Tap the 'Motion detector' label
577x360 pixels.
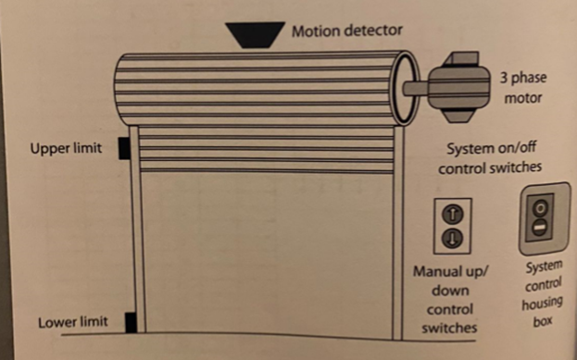pos(347,31)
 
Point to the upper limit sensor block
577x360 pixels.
pos(123,149)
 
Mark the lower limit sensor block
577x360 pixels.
pos(131,321)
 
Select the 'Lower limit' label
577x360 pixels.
pos(73,323)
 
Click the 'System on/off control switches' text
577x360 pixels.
pos(489,158)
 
